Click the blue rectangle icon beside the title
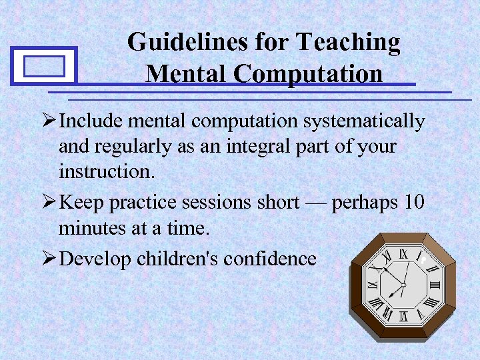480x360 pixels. click(x=44, y=66)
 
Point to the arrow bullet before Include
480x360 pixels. click(x=49, y=122)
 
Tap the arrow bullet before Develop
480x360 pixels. click(x=49, y=259)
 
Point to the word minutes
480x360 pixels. click(x=93, y=228)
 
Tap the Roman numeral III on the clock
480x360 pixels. click(x=436, y=285)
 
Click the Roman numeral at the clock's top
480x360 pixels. click(x=403, y=253)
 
